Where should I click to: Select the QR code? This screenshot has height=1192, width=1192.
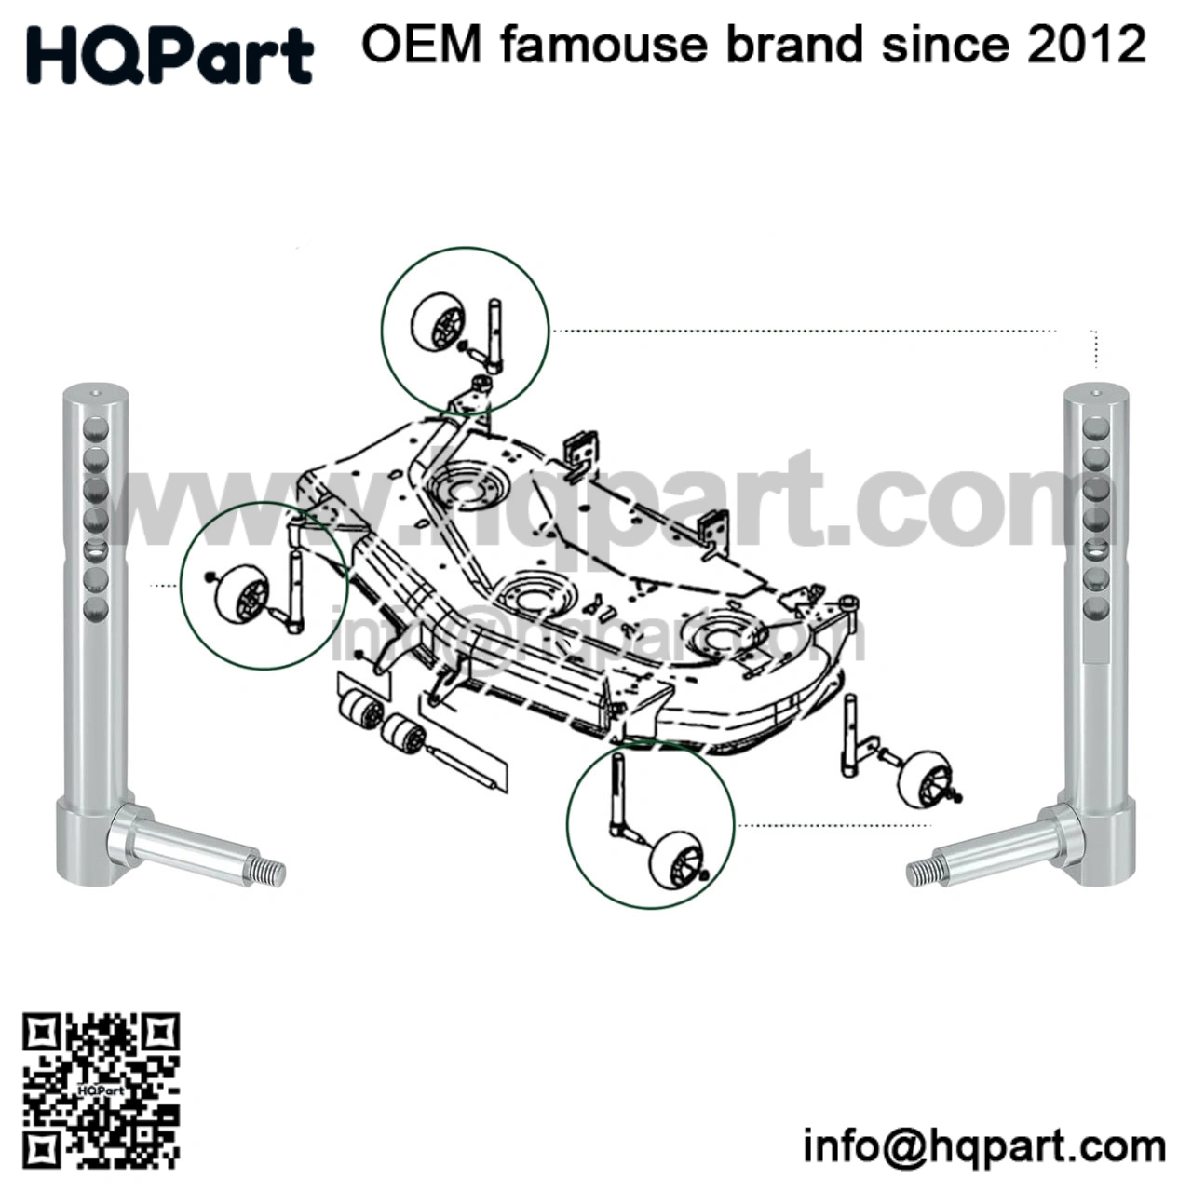pyautogui.click(x=101, y=1090)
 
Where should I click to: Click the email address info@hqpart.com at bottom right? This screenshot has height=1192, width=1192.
pyautogui.click(x=984, y=1145)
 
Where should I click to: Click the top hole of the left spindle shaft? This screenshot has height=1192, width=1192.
pyautogui.click(x=95, y=429)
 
